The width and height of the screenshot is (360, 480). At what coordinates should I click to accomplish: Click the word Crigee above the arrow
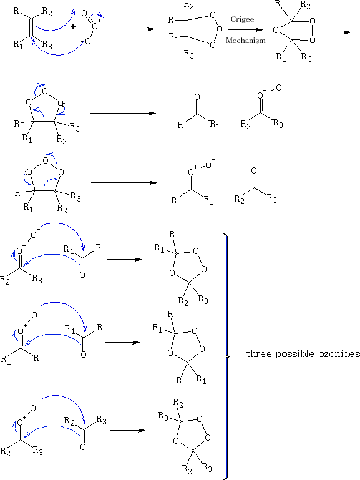(x=242, y=19)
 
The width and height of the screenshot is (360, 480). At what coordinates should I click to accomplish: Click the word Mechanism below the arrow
(x=246, y=41)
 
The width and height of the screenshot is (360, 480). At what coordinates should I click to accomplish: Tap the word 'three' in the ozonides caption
(x=259, y=353)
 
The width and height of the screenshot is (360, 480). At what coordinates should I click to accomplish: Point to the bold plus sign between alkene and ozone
(x=73, y=27)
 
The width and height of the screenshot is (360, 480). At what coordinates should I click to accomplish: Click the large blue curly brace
(x=226, y=356)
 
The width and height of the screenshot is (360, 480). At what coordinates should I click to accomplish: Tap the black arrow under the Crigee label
(x=246, y=30)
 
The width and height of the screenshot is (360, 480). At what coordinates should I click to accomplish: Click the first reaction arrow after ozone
(x=134, y=29)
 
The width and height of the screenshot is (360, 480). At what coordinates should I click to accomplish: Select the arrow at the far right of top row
(x=336, y=32)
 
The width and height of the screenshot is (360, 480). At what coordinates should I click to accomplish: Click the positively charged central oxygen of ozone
(x=95, y=26)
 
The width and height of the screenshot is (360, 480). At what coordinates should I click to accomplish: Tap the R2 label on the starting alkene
(x=47, y=12)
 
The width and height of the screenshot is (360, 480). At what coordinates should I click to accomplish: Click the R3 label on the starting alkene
(x=47, y=45)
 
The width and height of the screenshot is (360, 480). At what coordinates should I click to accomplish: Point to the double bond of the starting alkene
(x=31, y=28)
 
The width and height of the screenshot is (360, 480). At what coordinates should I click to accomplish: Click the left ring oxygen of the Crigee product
(x=276, y=30)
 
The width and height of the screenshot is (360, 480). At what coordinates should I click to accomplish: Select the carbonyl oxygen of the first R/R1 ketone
(x=197, y=97)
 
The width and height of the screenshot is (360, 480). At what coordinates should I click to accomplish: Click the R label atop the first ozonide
(x=172, y=235)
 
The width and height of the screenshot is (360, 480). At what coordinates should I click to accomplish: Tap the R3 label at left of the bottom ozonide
(x=163, y=416)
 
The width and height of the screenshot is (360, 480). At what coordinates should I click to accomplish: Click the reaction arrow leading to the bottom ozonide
(x=128, y=431)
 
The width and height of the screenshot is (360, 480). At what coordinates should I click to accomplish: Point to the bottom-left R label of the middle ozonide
(x=179, y=380)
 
